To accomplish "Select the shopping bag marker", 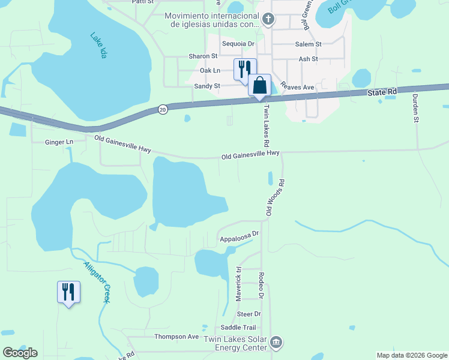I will click(x=260, y=85).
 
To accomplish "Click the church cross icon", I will click(x=268, y=20).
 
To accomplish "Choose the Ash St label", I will click(x=308, y=59).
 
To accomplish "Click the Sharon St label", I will click(x=203, y=56).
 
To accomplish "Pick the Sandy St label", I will click(x=207, y=86).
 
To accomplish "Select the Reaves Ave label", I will click(x=297, y=87).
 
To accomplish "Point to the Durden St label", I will click(x=415, y=108).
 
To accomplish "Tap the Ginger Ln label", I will click(x=59, y=142).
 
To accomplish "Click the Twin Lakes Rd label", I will click(x=265, y=125).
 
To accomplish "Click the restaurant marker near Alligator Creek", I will click(x=68, y=292).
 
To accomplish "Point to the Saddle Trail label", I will click(x=238, y=327).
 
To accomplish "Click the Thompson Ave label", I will click(x=176, y=337).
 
